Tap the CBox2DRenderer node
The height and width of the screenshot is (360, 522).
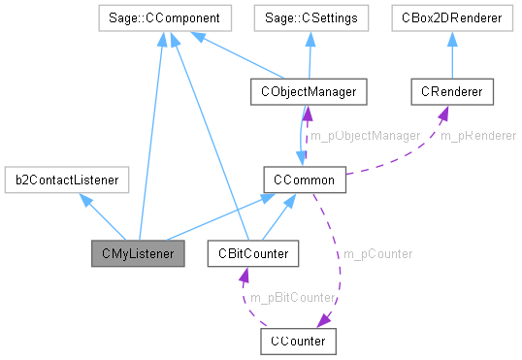(x=452, y=17)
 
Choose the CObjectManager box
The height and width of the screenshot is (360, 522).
(x=305, y=92)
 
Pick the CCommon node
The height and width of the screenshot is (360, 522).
(x=305, y=180)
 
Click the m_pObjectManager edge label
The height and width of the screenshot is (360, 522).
(x=364, y=135)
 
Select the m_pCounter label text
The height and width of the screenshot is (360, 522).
(x=375, y=253)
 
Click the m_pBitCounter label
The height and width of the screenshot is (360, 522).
(x=292, y=297)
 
